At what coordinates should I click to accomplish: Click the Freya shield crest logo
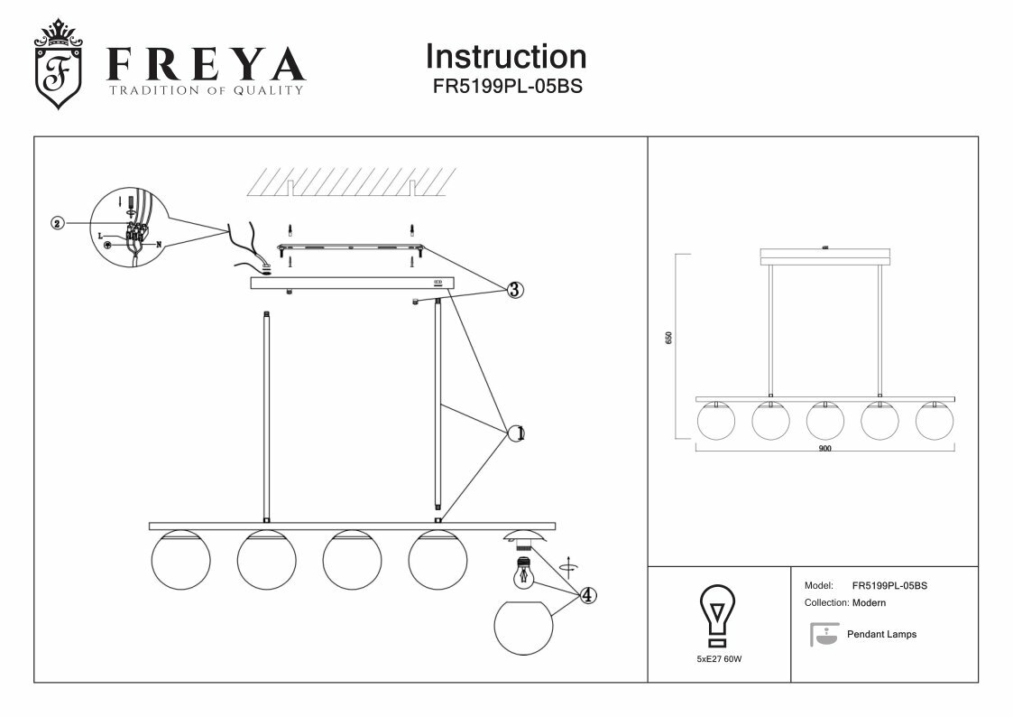57,64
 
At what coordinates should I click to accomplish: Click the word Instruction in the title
505,56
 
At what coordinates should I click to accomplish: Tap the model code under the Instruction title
505,87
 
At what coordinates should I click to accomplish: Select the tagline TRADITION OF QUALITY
206,90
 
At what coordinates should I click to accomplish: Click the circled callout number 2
58,223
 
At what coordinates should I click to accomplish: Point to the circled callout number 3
513,290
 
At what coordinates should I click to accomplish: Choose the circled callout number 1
516,433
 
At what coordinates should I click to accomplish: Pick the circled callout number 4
587,595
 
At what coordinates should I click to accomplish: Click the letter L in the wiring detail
100,234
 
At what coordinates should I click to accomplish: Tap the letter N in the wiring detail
159,244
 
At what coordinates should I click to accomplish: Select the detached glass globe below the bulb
524,629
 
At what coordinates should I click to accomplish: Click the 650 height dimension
668,337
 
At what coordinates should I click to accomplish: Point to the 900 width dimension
824,449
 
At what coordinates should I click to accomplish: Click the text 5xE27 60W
719,659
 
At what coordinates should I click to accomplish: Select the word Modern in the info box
869,602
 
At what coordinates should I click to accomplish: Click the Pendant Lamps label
881,634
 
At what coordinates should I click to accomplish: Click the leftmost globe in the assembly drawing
180,560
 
